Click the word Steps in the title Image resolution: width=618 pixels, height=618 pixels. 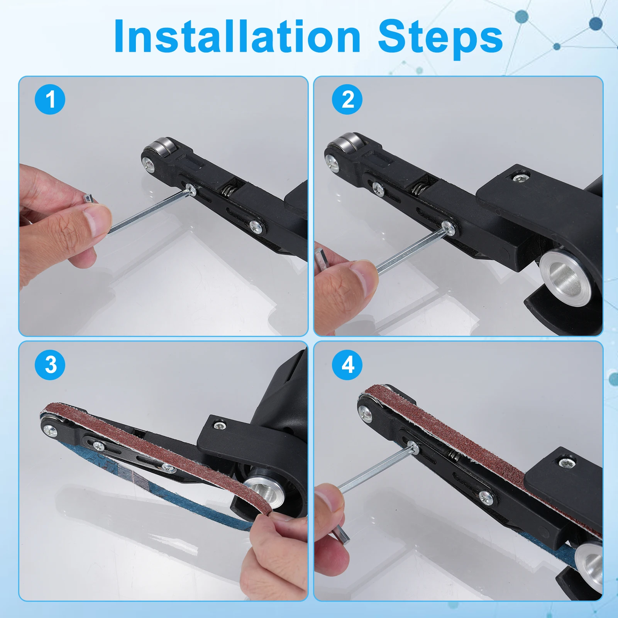coord(440,39)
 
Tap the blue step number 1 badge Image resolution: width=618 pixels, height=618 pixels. coord(50,100)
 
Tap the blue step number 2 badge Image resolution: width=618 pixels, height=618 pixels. coord(347,100)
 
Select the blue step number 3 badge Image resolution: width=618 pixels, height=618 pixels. coord(50,365)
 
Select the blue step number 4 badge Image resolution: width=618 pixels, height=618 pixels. coord(347,365)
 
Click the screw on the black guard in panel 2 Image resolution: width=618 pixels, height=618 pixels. coord(520,178)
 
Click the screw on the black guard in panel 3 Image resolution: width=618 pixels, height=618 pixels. coord(220,426)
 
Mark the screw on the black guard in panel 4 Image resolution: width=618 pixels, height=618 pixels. coord(566,463)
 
